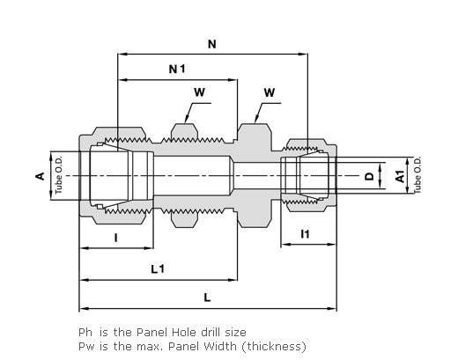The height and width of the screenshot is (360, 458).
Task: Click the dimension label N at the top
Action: pyautogui.click(x=212, y=44)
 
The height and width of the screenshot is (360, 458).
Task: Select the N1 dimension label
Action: pyautogui.click(x=177, y=70)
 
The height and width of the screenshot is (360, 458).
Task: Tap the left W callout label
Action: pyautogui.click(x=199, y=92)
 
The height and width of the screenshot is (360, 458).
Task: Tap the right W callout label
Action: pyautogui.click(x=270, y=92)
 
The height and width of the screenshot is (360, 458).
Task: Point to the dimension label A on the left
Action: pyautogui.click(x=41, y=176)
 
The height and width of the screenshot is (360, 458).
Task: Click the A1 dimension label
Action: pyautogui.click(x=400, y=176)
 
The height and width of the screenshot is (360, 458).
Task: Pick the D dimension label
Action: pyautogui.click(x=369, y=176)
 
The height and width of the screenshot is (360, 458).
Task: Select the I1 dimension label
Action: pyautogui.click(x=306, y=234)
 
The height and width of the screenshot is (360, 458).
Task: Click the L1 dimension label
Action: pyautogui.click(x=158, y=269)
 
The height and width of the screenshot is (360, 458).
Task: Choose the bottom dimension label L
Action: pyautogui.click(x=207, y=298)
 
